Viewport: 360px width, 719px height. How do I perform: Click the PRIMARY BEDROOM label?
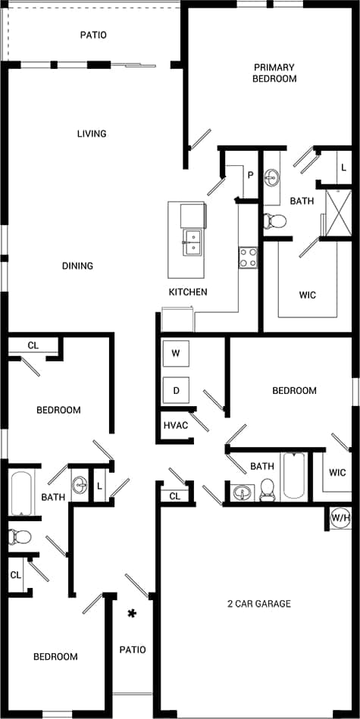click(275, 73)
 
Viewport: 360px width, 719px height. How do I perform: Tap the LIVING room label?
click(92, 134)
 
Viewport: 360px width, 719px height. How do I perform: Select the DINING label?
click(78, 266)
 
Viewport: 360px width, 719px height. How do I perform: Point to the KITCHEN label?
click(188, 292)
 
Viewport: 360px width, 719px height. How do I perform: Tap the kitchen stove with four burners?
click(248, 258)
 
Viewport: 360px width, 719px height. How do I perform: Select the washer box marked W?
click(176, 353)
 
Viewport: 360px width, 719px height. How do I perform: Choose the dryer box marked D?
click(176, 391)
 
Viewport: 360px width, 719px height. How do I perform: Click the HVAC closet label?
click(176, 425)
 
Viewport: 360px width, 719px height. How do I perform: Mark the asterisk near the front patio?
click(132, 614)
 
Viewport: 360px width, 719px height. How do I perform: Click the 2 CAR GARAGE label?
click(258, 604)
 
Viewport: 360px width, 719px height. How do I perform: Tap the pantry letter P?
click(249, 175)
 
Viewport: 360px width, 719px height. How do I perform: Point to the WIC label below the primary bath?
click(307, 295)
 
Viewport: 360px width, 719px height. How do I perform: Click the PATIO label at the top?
click(93, 35)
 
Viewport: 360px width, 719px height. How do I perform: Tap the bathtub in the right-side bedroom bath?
click(293, 476)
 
